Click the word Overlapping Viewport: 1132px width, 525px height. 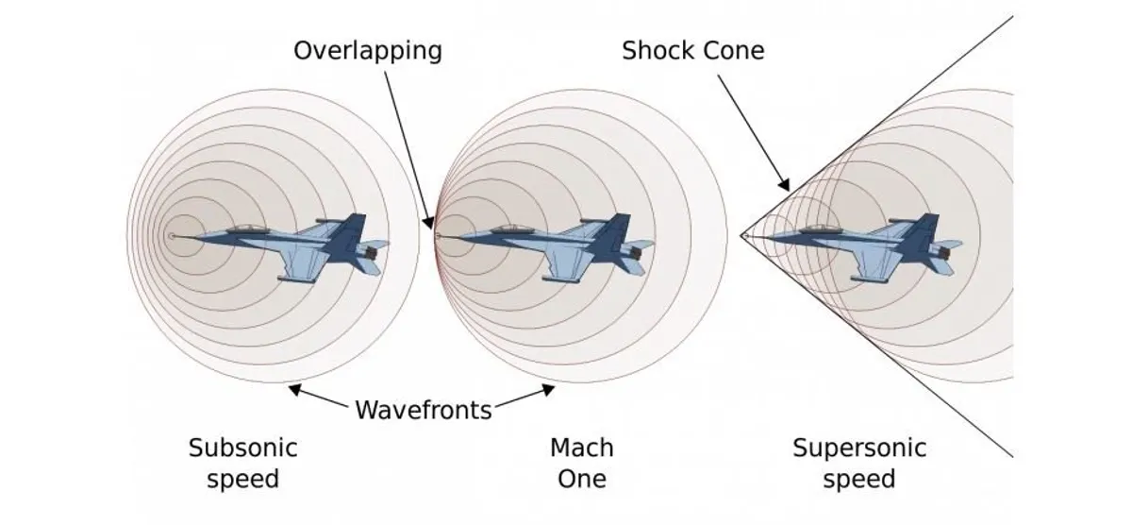pos(368,52)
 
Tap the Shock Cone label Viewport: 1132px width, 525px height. pos(692,51)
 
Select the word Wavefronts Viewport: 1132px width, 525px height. pos(424,410)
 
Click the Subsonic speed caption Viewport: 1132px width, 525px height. pos(243,463)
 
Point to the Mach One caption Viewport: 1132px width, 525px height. pos(582,463)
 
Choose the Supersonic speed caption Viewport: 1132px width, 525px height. pos(859,463)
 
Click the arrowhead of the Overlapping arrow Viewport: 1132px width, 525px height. pos(428,223)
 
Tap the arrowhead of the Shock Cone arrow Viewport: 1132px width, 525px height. pos(783,185)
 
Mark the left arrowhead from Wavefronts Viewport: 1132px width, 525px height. pos(294,389)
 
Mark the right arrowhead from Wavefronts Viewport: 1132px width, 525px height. pos(548,389)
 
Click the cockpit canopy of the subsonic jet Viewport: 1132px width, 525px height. pos(246,229)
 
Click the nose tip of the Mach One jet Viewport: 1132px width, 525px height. pos(438,236)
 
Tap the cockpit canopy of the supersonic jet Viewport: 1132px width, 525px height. pos(819,229)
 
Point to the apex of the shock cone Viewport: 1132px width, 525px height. pos(741,235)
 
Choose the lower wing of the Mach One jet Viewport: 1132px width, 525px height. pos(561,264)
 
